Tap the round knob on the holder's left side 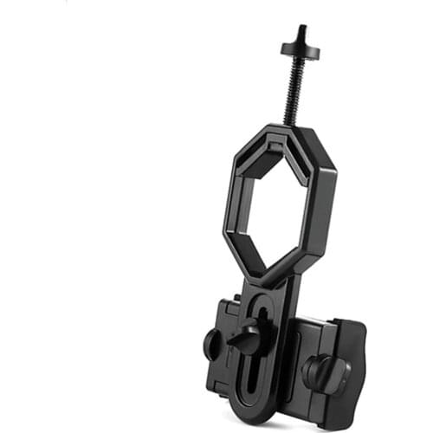212,344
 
